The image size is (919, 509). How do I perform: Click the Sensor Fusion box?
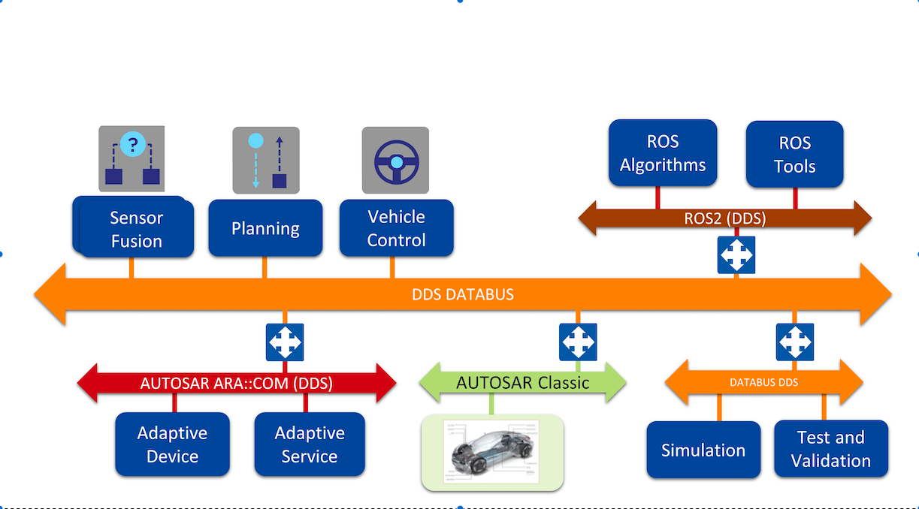pyautogui.click(x=135, y=229)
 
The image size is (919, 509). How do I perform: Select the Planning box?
pyautogui.click(x=265, y=228)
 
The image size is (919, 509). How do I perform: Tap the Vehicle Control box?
pyautogui.click(x=396, y=228)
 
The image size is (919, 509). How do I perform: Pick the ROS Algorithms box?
pyautogui.click(x=663, y=153)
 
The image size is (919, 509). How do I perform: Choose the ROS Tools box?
pyautogui.click(x=794, y=155)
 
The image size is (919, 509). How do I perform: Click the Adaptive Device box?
pyautogui.click(x=172, y=444)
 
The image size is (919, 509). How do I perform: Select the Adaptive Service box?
pyautogui.click(x=310, y=444)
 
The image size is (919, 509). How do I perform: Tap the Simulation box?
pyautogui.click(x=703, y=450)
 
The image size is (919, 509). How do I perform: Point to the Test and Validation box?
pyautogui.click(x=831, y=449)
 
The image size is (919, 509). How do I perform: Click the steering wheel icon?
pyautogui.click(x=395, y=160)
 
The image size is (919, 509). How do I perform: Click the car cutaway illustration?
pyautogui.click(x=492, y=453)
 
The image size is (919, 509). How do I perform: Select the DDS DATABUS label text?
pyautogui.click(x=463, y=294)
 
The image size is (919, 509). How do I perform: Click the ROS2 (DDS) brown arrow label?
pyautogui.click(x=724, y=218)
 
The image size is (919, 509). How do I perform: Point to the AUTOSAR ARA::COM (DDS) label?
pyautogui.click(x=236, y=383)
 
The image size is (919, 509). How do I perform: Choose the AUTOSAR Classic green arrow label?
pyautogui.click(x=522, y=383)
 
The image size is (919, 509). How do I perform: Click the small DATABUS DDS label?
pyautogui.click(x=763, y=382)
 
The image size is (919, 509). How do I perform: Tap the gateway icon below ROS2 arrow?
pyautogui.click(x=736, y=255)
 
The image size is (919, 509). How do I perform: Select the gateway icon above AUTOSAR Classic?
pyautogui.click(x=578, y=342)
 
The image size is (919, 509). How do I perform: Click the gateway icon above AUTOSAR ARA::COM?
pyautogui.click(x=285, y=342)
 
